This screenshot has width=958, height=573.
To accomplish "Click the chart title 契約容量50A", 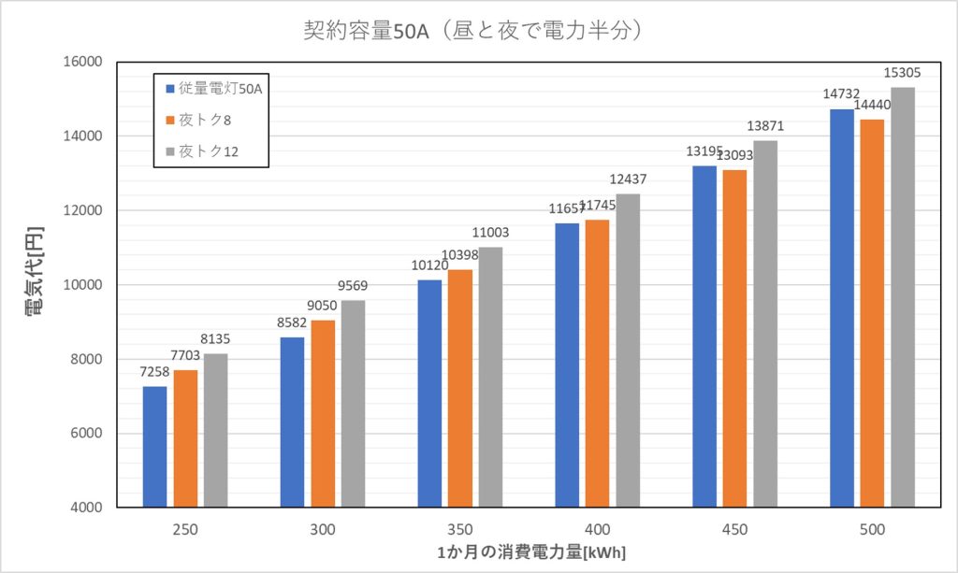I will point(472,30).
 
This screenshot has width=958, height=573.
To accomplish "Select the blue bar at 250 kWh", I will point(154,447).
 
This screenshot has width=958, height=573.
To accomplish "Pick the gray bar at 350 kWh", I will point(490,378).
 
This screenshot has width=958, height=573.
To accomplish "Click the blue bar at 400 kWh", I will point(567,365).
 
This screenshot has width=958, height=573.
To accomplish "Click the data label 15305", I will point(903,72).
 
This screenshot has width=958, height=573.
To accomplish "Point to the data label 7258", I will point(155,373).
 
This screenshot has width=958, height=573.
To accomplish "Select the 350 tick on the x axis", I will point(460,530).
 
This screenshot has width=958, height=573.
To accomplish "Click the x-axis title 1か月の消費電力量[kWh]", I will point(530,552).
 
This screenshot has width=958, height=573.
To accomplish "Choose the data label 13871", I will point(765,125).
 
